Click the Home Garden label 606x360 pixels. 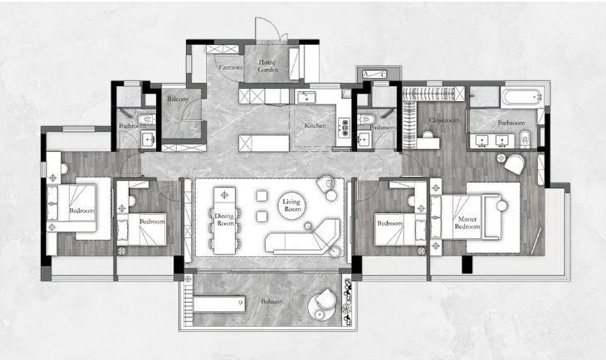[x=267, y=66]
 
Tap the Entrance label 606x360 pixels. [x=231, y=67]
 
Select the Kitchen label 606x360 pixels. [x=315, y=125]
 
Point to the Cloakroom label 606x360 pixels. [x=444, y=120]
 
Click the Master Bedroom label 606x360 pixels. [x=467, y=222]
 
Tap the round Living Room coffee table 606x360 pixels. [x=291, y=205]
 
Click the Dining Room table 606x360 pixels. [x=224, y=220]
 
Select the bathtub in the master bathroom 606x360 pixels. [x=522, y=97]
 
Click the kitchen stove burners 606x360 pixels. [x=344, y=128]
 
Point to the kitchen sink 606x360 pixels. [x=306, y=97]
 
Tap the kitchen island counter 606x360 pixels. [x=264, y=143]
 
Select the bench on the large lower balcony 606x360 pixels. [x=219, y=304]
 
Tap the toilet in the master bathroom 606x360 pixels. [x=525, y=139]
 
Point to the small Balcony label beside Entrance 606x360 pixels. [x=178, y=99]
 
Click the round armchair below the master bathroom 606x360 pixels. [x=514, y=164]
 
